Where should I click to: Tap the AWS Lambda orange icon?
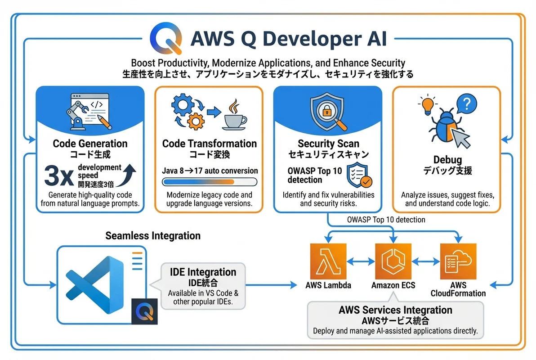pos(328,261)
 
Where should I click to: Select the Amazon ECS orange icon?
pos(393,261)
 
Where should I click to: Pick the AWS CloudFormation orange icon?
pos(458,261)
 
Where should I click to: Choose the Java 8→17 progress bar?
pos(209,182)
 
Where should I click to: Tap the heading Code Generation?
pos(90,144)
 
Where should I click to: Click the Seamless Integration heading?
pos(153,236)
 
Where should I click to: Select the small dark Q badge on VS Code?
pos(144,311)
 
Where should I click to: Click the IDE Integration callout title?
pos(203,272)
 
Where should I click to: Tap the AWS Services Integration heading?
pos(395,310)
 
